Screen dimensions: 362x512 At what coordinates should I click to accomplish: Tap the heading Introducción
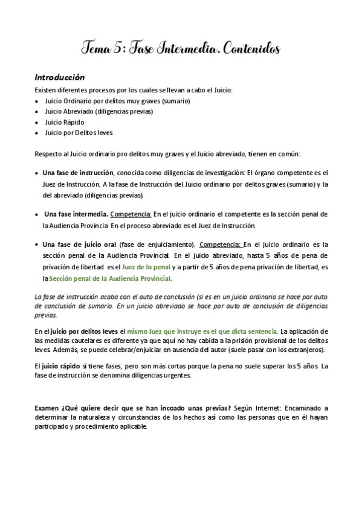(x=59, y=78)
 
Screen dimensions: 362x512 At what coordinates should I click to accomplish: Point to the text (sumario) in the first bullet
(x=175, y=100)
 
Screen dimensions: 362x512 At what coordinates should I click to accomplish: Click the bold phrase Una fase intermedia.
(x=77, y=214)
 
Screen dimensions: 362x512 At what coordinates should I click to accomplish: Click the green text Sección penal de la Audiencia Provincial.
(x=111, y=278)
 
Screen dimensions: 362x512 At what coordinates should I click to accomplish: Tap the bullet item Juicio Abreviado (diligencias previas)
(x=99, y=111)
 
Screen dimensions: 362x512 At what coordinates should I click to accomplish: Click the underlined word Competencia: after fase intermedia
(x=131, y=214)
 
